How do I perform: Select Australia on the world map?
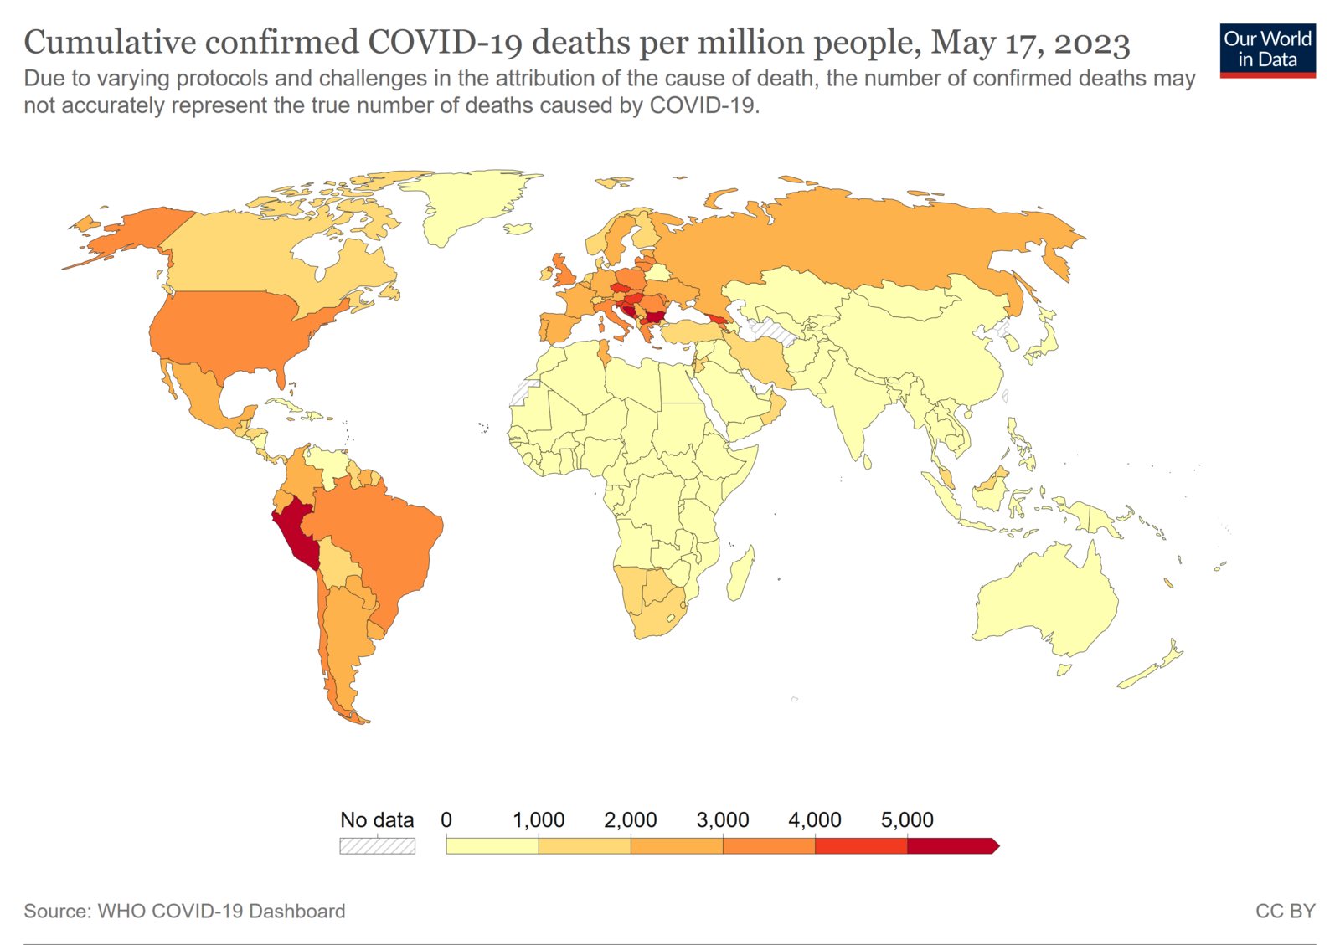point(1047,598)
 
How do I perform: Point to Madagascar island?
point(740,573)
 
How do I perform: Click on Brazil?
point(385,544)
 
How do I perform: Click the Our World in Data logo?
point(1267,50)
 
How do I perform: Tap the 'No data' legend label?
point(377,820)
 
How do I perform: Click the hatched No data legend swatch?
point(377,846)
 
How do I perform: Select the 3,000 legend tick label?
point(722,820)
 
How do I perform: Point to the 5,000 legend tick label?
point(906,820)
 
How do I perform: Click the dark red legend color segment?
point(951,846)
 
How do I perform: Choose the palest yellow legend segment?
point(492,846)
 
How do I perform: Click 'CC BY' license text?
point(1285,911)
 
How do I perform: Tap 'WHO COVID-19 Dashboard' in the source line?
point(221,911)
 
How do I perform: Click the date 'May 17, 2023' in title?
point(1030,42)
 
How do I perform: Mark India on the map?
point(854,402)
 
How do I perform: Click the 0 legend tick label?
point(446,820)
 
